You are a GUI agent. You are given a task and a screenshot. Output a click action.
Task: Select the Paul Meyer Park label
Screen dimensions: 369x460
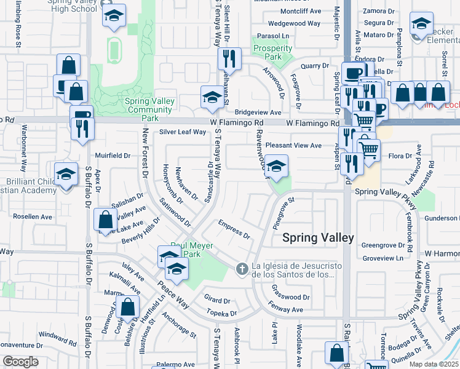[x=192, y=250]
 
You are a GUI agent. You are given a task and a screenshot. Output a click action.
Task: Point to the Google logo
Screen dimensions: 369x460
[x=20, y=362]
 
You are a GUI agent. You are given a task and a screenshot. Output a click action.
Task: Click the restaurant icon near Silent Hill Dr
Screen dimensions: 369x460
[x=229, y=59]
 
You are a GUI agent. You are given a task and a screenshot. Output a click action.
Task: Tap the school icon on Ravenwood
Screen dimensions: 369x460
[x=276, y=166]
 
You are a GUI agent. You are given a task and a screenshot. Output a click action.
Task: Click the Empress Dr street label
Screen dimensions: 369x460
[x=234, y=230]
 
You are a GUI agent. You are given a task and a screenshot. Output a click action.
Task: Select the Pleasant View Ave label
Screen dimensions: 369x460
[x=293, y=146]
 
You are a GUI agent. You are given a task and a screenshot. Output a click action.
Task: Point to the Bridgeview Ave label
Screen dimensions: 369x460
[x=258, y=113]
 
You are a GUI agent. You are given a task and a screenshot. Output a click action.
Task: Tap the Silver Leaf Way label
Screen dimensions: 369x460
[x=183, y=132]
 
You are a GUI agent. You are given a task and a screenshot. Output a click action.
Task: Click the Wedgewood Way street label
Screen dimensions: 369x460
[x=295, y=23]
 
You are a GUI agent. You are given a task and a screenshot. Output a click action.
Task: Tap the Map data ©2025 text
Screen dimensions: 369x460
[x=434, y=364]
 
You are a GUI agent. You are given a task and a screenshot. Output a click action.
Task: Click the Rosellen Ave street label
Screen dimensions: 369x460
[x=29, y=217]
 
